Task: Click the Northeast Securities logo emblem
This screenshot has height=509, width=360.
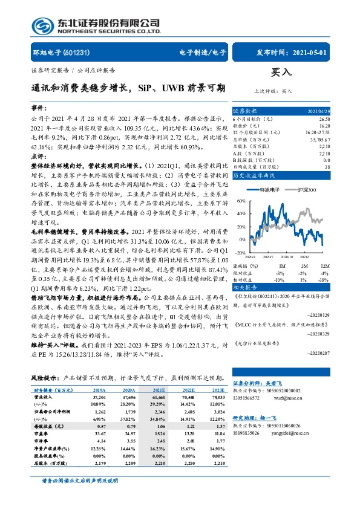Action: tap(41, 27)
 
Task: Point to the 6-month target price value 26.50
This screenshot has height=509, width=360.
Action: tap(325, 119)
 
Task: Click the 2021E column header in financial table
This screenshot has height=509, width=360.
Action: tap(159, 392)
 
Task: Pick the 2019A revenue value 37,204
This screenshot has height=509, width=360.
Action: tap(98, 398)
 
